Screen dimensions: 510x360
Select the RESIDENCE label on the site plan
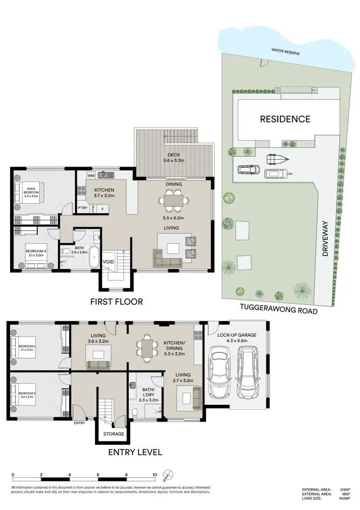click(285, 119)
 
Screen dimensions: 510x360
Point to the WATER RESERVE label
click(285, 51)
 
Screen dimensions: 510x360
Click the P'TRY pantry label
click(83, 208)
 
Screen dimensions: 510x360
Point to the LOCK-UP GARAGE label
click(237, 335)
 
